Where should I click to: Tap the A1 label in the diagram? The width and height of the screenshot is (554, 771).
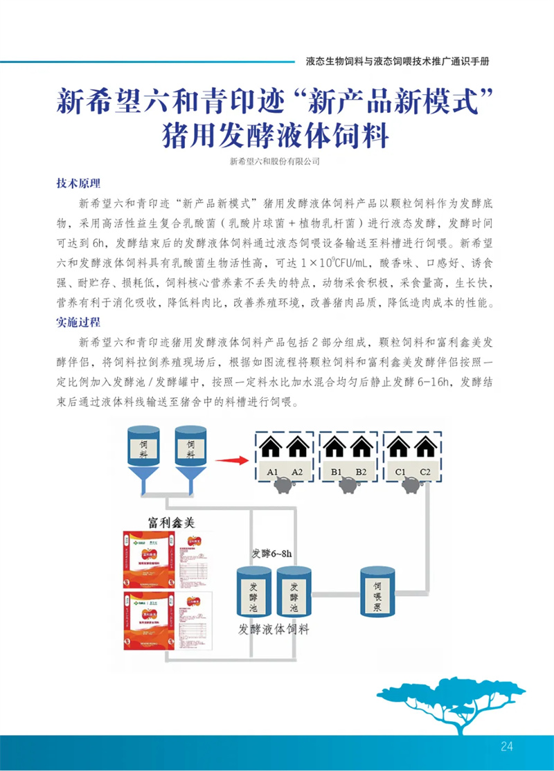point(272,472)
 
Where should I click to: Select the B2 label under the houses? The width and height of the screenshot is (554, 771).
point(361,472)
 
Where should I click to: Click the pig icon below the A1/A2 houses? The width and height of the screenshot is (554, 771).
point(285,487)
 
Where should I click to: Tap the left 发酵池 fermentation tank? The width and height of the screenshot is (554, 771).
point(253,592)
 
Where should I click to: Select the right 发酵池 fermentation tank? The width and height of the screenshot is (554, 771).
point(294,592)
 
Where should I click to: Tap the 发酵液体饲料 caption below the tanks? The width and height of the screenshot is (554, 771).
point(274,630)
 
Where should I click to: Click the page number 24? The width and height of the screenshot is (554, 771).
point(506,745)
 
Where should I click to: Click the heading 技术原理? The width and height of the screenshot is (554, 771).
point(78,183)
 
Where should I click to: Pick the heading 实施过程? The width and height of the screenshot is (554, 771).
point(78,322)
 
